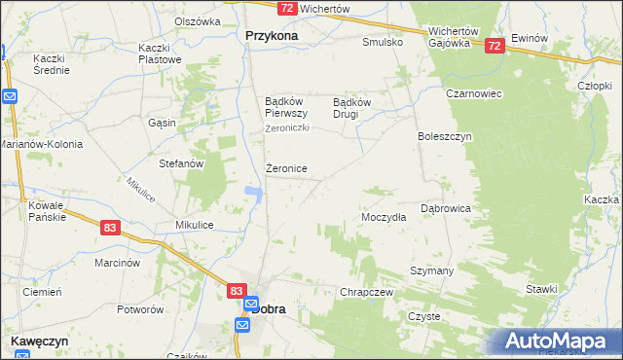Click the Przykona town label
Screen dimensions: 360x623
265,35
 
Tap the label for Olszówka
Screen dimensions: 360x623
198,20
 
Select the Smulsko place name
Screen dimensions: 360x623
383,43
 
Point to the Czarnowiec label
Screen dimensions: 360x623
446,94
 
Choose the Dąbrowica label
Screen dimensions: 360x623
446,208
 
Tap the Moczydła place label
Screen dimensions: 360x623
384,218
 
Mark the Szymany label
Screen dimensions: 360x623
431,270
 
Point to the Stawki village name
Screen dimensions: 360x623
540,289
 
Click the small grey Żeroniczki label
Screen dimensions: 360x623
287,128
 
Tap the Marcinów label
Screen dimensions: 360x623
118,263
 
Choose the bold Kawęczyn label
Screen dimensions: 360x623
40,342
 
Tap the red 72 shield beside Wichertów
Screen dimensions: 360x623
286,8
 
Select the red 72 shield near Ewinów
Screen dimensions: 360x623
495,46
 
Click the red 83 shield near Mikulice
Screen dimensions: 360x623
110,227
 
